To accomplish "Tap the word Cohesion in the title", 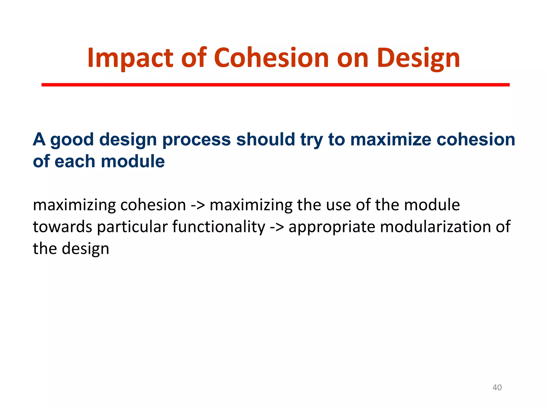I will coord(271,58).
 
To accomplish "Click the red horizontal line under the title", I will coord(275,85).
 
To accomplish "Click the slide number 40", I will coord(497,388).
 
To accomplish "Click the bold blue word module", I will coord(133,161).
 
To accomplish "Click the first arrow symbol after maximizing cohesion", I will coord(198,205).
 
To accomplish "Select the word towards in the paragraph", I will coord(62,227).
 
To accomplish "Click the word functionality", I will coord(219,227).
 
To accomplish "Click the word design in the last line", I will coord(85,249).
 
